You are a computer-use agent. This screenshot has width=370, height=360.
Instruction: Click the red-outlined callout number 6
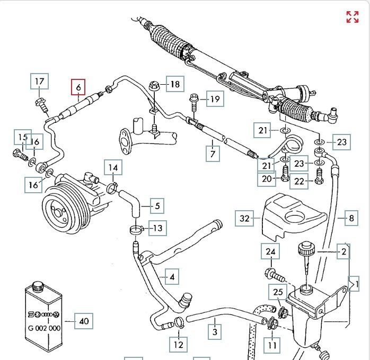[78, 87]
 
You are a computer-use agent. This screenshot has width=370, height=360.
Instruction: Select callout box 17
[40, 82]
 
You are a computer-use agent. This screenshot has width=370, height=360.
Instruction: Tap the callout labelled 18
[175, 84]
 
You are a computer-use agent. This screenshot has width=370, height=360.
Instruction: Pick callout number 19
[214, 99]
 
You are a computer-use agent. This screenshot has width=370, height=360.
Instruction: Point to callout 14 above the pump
[113, 169]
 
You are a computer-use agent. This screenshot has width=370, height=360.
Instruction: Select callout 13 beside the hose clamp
[157, 228]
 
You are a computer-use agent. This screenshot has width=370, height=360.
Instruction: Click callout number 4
[172, 276]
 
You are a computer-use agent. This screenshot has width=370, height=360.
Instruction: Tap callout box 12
[178, 345]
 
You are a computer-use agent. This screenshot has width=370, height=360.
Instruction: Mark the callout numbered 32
[244, 218]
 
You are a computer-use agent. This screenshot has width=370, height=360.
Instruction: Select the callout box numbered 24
[270, 252]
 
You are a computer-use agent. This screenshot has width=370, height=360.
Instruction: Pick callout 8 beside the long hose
[350, 218]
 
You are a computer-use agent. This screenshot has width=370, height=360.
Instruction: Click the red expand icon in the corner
[353, 16]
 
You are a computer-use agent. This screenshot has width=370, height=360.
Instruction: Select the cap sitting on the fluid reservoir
[305, 248]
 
